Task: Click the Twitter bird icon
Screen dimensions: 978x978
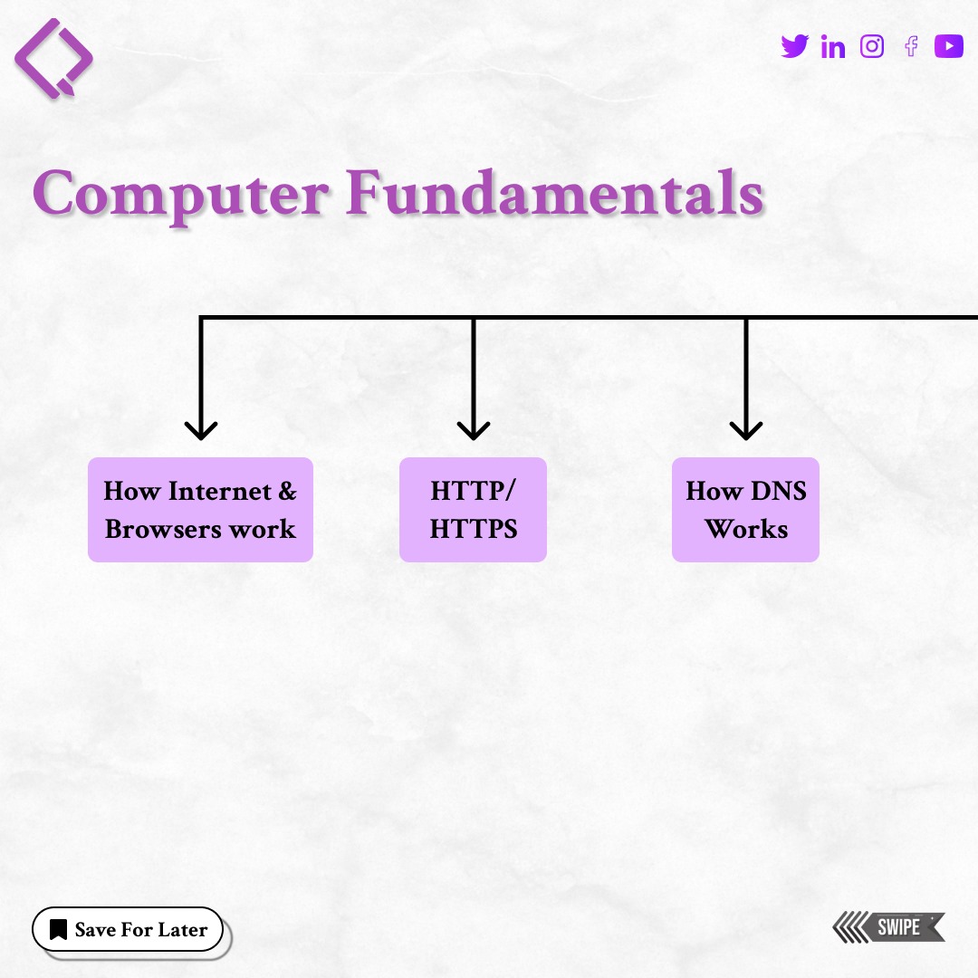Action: click(x=794, y=45)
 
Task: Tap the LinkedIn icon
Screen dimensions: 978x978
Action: click(x=833, y=47)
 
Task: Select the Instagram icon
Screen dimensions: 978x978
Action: click(x=872, y=46)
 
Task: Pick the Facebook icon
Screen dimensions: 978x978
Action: click(x=911, y=46)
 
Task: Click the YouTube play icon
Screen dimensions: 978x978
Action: click(x=949, y=46)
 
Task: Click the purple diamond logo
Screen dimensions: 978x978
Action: click(x=53, y=58)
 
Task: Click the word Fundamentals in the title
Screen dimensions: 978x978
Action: click(x=554, y=193)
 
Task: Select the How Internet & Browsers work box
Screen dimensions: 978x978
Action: click(x=200, y=510)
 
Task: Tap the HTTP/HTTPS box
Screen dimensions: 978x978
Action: click(x=473, y=510)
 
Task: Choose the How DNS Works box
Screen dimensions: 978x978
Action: click(x=745, y=510)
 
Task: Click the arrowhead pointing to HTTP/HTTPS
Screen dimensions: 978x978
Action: click(x=473, y=429)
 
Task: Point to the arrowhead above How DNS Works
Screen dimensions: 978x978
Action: click(x=745, y=429)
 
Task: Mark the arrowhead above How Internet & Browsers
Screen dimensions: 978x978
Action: click(x=200, y=429)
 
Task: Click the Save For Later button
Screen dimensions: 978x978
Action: click(x=128, y=929)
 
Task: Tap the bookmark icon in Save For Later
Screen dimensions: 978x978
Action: click(x=59, y=929)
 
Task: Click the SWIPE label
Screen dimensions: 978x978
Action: click(x=899, y=927)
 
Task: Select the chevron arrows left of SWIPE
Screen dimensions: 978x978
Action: click(x=849, y=927)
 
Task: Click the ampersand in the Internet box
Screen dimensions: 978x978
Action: click(x=287, y=492)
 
